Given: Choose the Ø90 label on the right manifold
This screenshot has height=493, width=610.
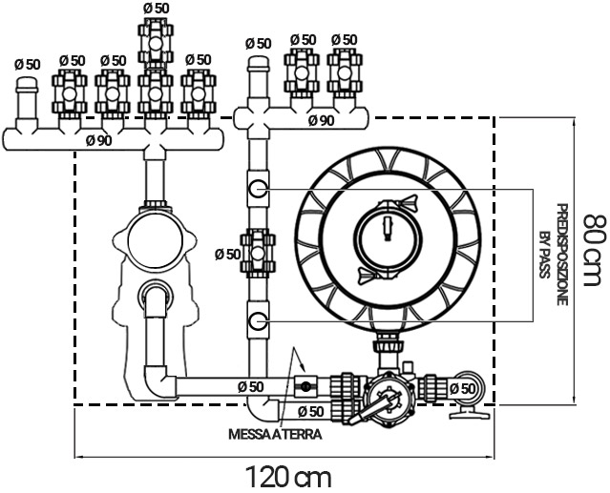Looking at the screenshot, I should (320, 120).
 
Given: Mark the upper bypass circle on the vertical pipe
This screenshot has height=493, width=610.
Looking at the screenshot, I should (259, 189).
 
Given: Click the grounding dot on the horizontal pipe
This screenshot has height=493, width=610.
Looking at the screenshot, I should (305, 386).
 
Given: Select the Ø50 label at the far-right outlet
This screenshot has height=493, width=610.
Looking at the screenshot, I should (462, 388).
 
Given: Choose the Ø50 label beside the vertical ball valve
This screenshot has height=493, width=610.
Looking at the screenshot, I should (227, 254).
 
